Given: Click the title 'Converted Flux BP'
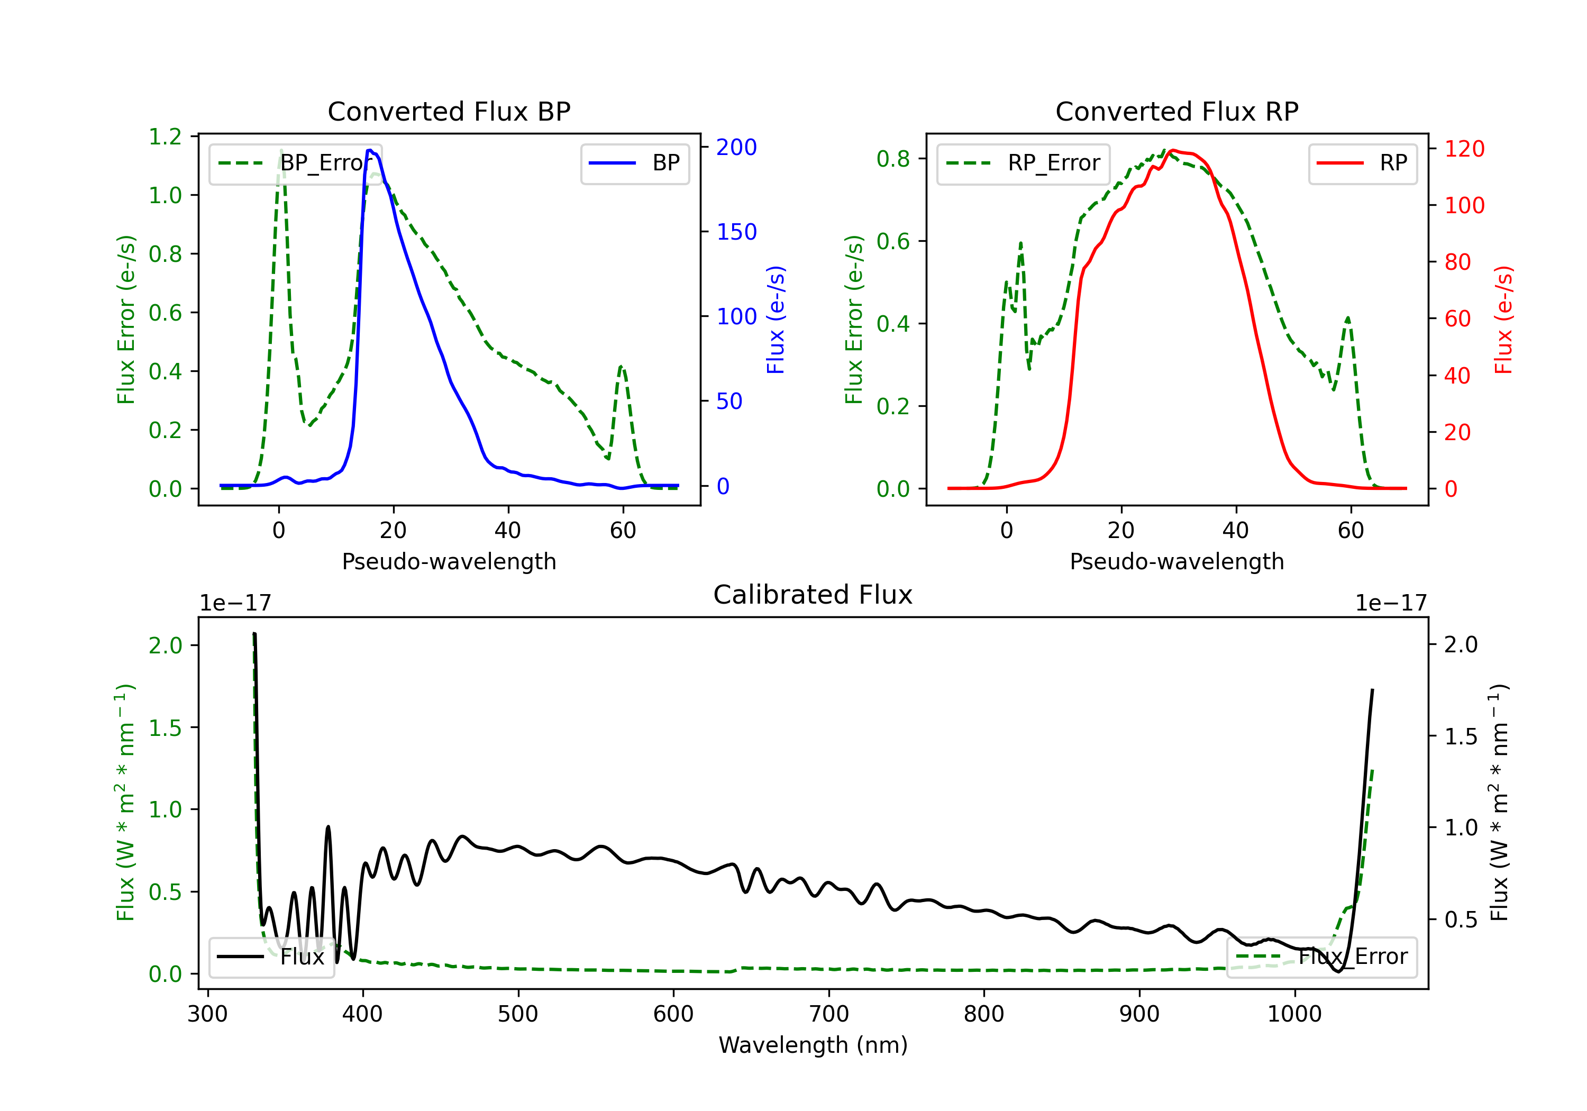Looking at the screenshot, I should (449, 111).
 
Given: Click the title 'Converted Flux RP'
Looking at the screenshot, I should (1176, 111).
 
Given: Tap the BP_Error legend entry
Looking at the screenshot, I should (295, 163).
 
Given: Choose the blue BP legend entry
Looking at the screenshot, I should (634, 163).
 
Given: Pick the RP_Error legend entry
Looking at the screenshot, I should (1023, 163).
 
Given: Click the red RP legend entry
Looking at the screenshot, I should (1362, 163).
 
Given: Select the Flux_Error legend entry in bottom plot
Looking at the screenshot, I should (1321, 957).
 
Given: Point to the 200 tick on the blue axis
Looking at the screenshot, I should (736, 147).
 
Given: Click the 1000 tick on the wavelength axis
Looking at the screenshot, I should (1294, 1014).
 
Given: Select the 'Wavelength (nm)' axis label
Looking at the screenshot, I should (813, 1045).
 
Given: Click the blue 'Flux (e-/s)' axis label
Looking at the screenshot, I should (776, 320).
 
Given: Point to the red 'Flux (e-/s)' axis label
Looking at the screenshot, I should (1503, 320).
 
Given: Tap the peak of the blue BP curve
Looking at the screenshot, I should (370, 150).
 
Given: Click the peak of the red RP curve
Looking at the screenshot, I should (1173, 150).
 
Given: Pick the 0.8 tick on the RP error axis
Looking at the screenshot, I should (893, 159).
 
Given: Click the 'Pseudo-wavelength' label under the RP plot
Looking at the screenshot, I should (1176, 561).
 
